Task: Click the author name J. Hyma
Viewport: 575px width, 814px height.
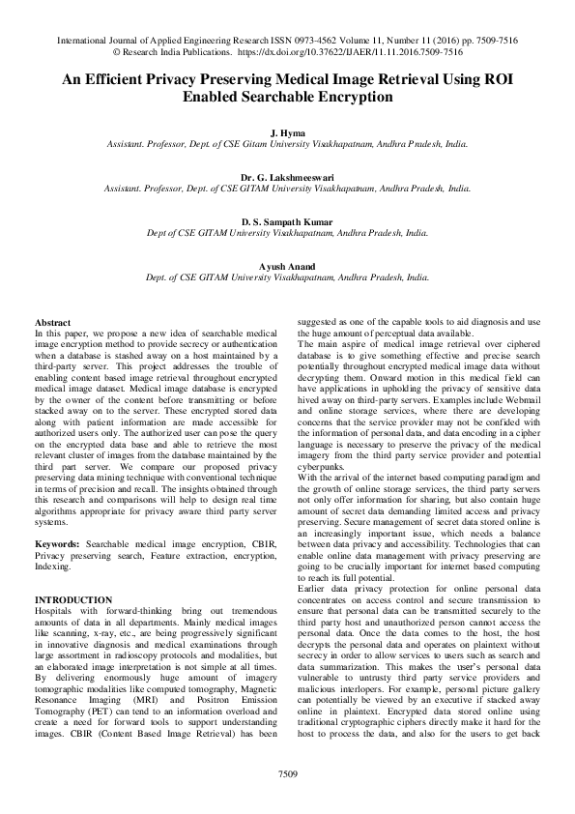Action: pyautogui.click(x=287, y=131)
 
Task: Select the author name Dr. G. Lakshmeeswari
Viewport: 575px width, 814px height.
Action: pyautogui.click(x=287, y=178)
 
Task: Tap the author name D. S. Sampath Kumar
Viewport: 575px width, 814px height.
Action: pyautogui.click(x=287, y=221)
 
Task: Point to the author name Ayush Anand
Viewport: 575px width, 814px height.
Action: pyautogui.click(x=287, y=265)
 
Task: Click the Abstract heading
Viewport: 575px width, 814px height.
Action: pyautogui.click(x=53, y=321)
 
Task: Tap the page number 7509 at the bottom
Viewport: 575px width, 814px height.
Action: pyautogui.click(x=287, y=774)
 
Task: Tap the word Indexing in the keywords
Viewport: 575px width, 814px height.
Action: pyautogui.click(x=53, y=567)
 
